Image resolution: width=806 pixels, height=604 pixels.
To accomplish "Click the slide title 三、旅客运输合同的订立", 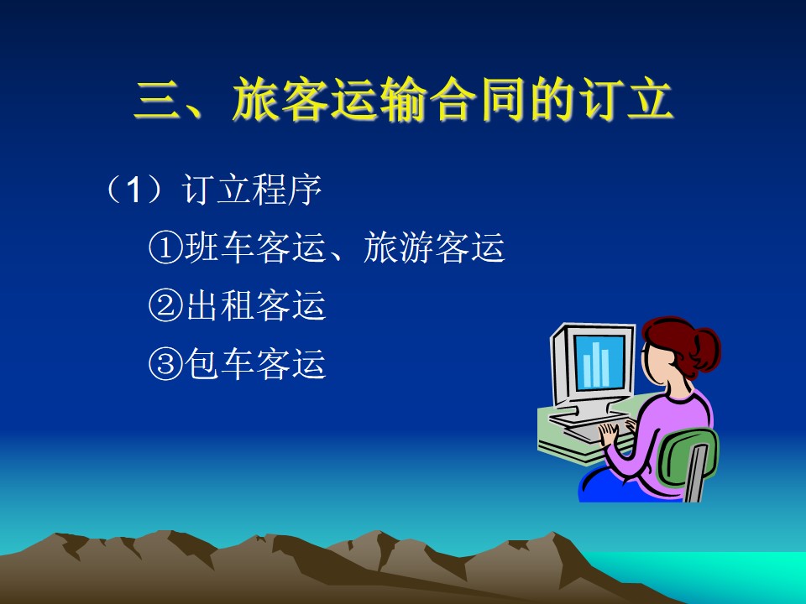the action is (404, 100).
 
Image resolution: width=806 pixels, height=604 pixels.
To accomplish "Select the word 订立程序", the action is (252, 190).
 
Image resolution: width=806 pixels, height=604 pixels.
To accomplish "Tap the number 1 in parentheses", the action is (133, 190).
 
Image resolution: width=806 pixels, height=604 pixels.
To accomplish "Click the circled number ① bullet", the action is (166, 247).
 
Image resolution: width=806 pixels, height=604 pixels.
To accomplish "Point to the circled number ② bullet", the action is (166, 305).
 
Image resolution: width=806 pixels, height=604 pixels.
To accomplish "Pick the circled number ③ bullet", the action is (166, 363).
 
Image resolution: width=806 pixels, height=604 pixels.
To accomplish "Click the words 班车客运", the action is (255, 247).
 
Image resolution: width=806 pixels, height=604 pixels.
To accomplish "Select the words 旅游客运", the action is (434, 247).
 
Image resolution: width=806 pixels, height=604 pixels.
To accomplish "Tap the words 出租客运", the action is (255, 305).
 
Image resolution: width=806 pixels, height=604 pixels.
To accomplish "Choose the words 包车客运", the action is (255, 363).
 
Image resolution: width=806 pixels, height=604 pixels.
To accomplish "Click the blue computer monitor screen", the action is (599, 362).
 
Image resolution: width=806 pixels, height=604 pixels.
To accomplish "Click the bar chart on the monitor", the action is (596, 365).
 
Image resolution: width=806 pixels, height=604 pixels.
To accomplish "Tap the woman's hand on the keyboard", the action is (610, 434).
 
